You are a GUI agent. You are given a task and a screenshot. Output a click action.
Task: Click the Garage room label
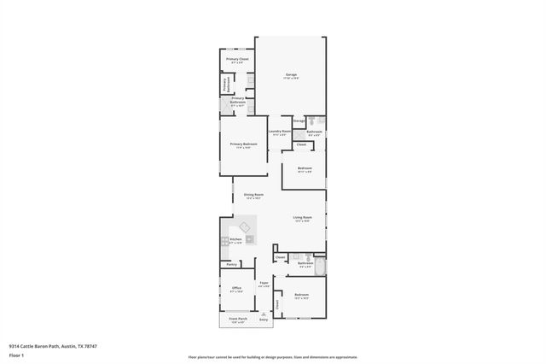coord(291,75)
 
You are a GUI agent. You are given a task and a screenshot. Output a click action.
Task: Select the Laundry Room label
coord(281,131)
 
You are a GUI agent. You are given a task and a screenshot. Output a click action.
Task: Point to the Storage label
coord(299,121)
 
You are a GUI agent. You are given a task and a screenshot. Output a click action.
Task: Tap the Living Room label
coord(303,218)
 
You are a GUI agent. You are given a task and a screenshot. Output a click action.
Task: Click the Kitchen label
coord(236,240)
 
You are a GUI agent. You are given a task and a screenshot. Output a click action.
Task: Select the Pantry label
coord(231,264)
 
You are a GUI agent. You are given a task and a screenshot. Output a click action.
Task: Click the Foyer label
coord(264,283)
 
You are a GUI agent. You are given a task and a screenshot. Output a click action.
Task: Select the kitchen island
coord(245,226)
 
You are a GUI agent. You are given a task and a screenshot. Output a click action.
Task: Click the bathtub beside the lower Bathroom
coord(319,266)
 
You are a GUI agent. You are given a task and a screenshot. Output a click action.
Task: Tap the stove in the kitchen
coord(224,242)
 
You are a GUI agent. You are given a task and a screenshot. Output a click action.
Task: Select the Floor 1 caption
coord(17,353)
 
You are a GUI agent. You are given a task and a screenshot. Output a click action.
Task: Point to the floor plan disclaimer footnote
coord(272,356)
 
